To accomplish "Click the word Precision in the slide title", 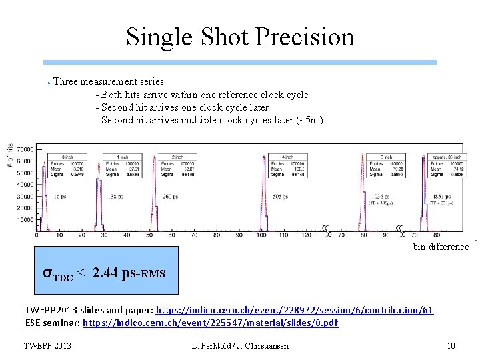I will click(x=303, y=37).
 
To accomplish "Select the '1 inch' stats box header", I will click(x=122, y=157).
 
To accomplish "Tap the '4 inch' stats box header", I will click(x=287, y=157).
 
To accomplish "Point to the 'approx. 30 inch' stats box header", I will click(x=447, y=157).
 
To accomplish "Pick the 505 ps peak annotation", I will click(x=281, y=197).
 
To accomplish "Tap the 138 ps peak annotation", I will click(x=115, y=197).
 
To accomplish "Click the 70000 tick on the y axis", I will click(x=25, y=150).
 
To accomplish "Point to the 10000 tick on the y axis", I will click(x=25, y=220).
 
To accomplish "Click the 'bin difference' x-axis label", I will click(x=441, y=247).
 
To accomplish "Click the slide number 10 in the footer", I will click(x=451, y=346).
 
